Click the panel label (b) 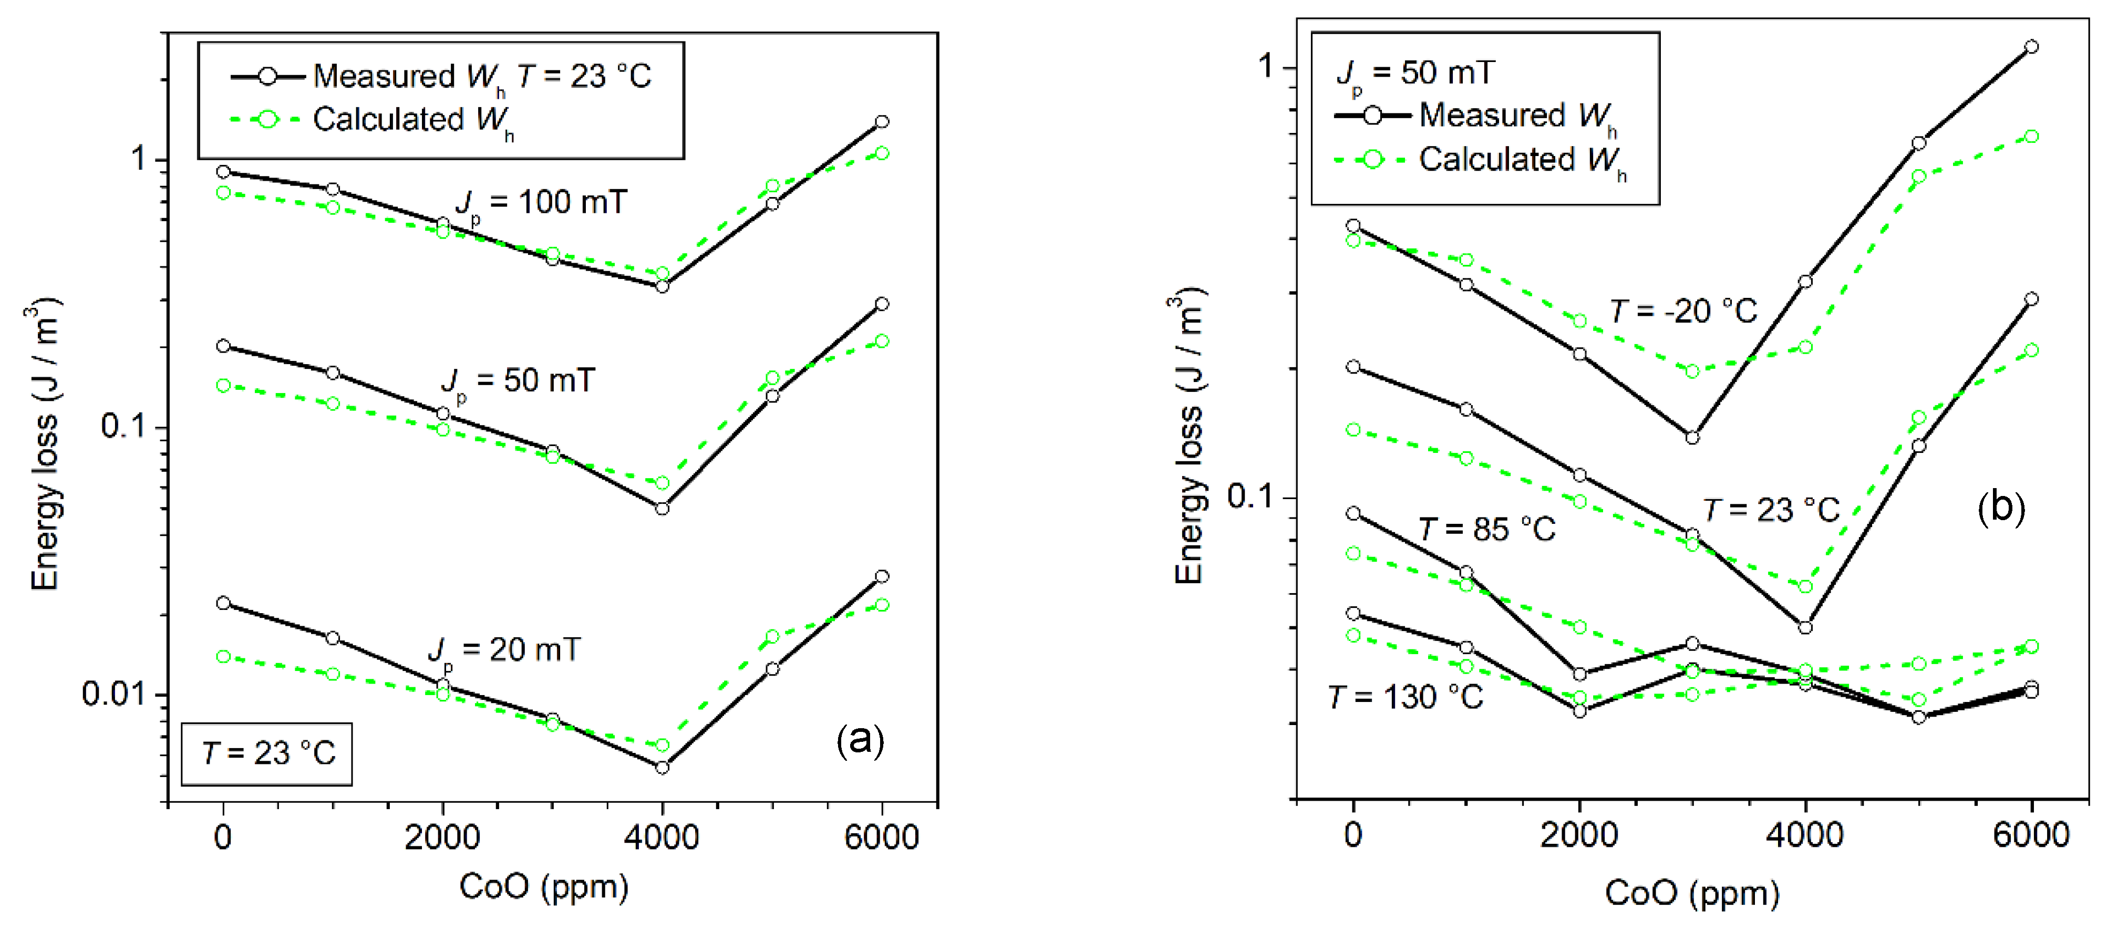[2000, 508]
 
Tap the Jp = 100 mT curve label [541, 203]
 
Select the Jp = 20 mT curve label [503, 651]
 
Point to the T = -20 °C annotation [1683, 312]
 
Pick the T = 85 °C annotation [1486, 530]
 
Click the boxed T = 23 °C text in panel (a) [267, 753]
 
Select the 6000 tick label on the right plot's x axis [2030, 835]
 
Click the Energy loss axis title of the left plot [45, 444]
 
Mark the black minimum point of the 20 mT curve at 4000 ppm [662, 767]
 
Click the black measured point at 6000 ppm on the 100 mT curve [881, 122]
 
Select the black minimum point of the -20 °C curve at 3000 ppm [1692, 438]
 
